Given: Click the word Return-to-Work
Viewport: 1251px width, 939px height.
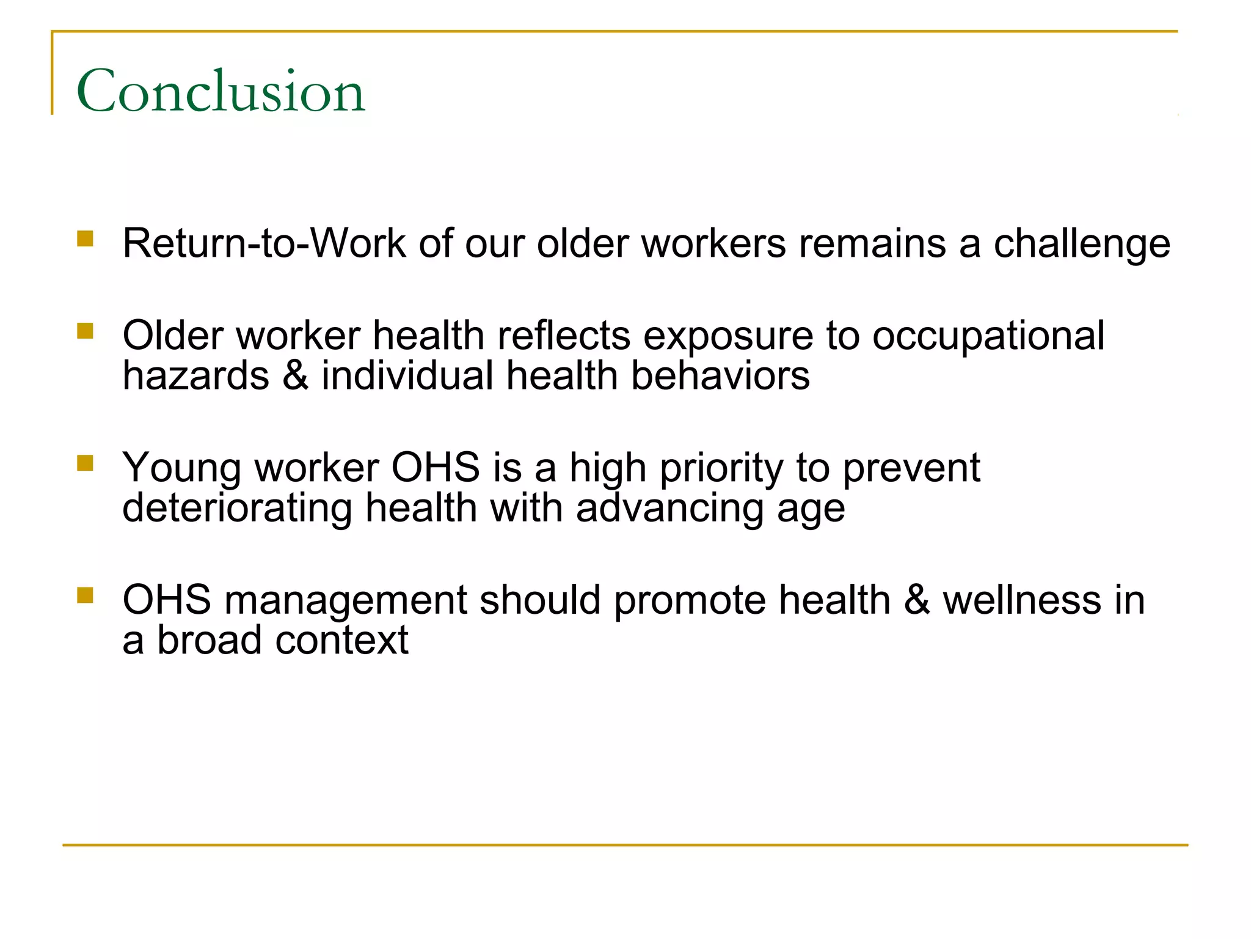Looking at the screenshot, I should (264, 243).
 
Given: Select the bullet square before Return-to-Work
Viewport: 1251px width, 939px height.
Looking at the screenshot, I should (86, 238).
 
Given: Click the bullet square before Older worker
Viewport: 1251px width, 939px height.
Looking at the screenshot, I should (86, 331).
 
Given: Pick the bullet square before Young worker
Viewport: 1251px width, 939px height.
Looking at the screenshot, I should (86, 463).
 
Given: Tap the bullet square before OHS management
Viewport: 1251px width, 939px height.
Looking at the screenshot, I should (86, 595).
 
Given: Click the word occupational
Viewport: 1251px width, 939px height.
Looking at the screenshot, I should (988, 336).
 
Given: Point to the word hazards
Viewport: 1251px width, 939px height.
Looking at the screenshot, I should (195, 375).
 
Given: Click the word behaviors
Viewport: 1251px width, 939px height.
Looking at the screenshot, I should (720, 375).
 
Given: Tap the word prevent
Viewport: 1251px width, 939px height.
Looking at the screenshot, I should (911, 468).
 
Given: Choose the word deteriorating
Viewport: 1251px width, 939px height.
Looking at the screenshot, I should (237, 509).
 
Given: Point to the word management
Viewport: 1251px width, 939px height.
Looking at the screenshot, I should (345, 600).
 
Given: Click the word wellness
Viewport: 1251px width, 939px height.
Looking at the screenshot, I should (1022, 600).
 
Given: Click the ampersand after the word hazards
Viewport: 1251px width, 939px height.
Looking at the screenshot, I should (296, 375).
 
